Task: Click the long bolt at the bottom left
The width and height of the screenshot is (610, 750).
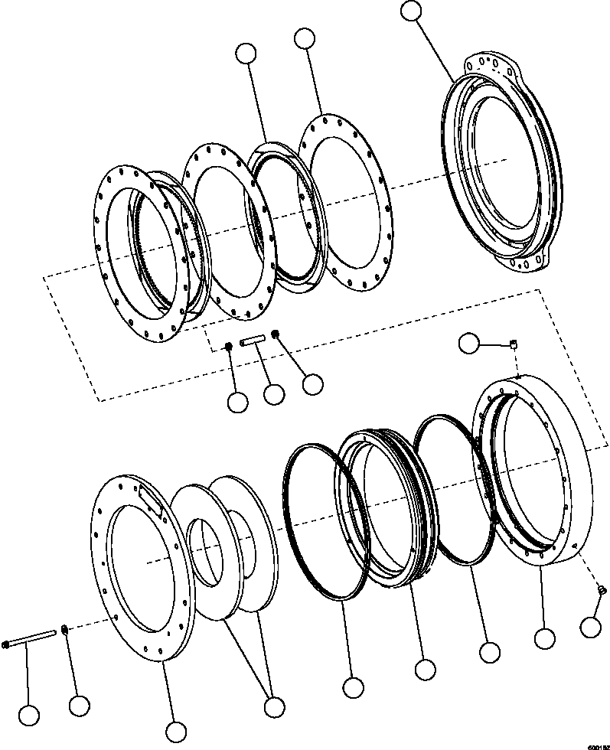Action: (x=31, y=637)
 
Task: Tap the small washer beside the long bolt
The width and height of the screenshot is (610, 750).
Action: (x=66, y=630)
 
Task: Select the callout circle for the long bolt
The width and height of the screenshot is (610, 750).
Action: (x=29, y=716)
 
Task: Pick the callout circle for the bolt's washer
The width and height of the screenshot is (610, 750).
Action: (x=77, y=706)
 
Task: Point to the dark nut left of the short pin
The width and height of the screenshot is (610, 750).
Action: (x=228, y=348)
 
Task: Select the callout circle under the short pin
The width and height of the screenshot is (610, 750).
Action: (x=273, y=395)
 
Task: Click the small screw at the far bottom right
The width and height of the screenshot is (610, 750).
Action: (x=602, y=589)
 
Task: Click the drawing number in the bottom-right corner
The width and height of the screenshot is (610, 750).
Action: (x=597, y=745)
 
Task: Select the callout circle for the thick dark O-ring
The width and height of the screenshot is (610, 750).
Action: (x=353, y=687)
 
